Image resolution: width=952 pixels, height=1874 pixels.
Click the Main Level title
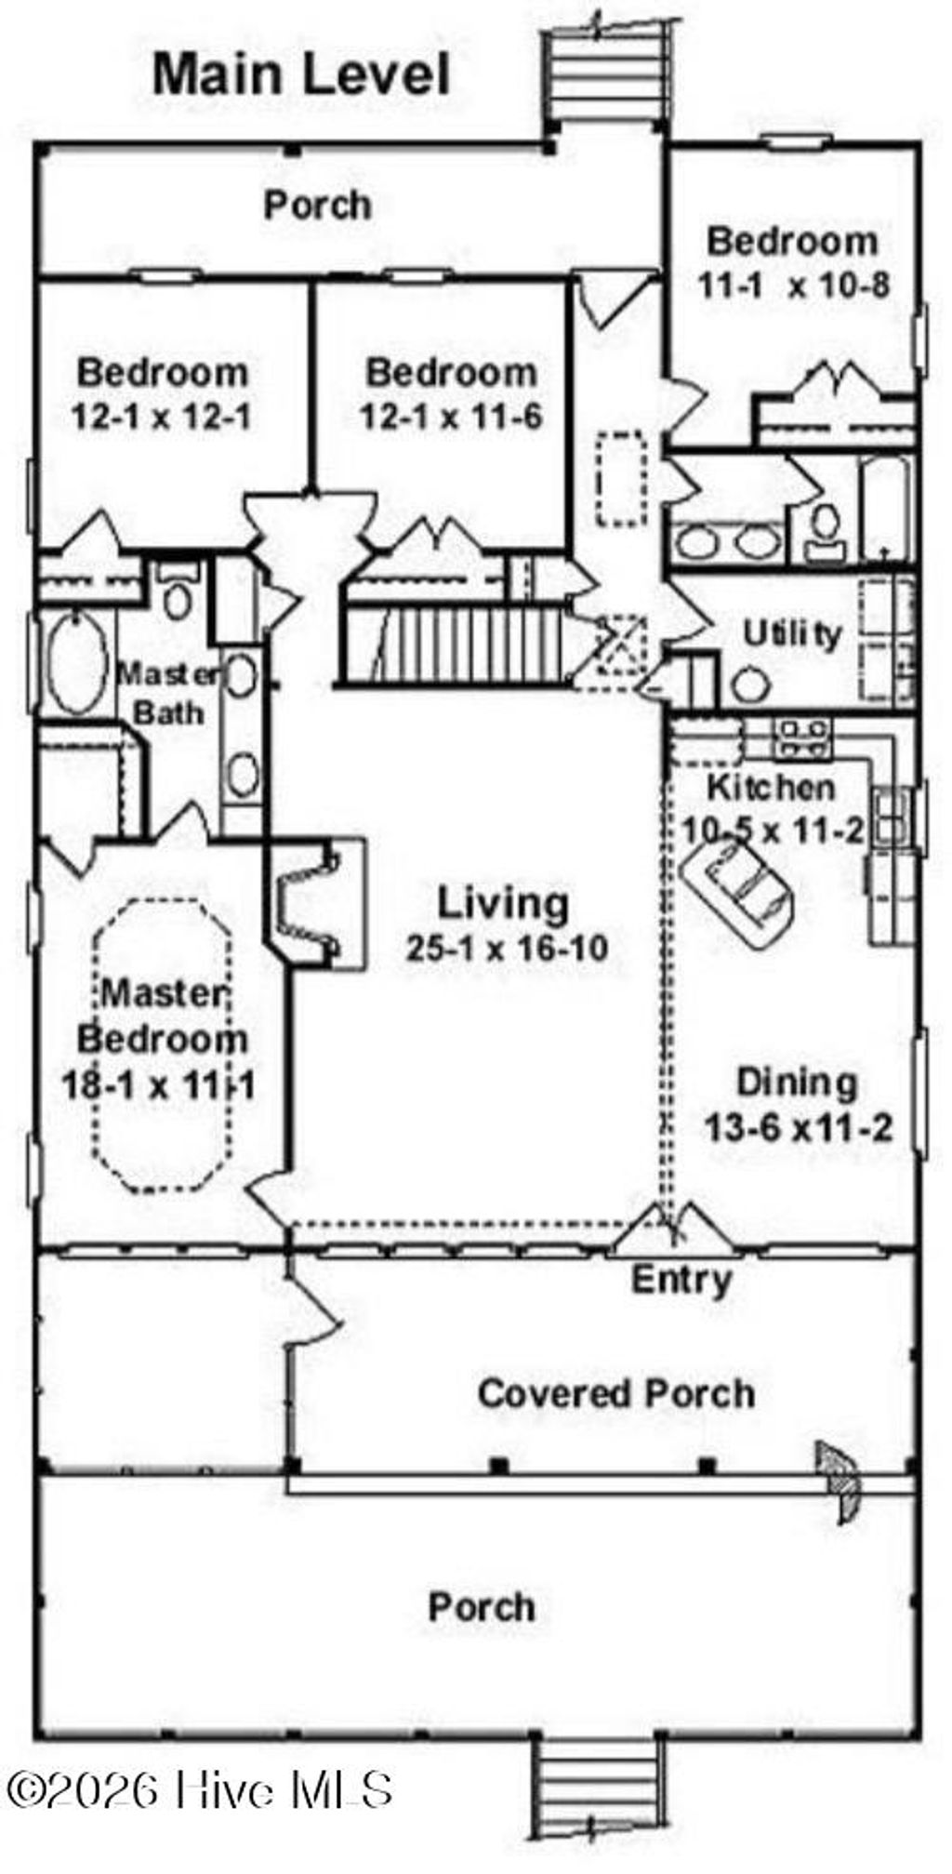pyautogui.click(x=301, y=74)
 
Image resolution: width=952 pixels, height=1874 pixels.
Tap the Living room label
pyautogui.click(x=503, y=903)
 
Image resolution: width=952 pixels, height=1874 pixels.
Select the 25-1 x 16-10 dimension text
pyautogui.click(x=507, y=948)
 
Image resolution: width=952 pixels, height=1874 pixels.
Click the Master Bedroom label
pyautogui.click(x=163, y=1016)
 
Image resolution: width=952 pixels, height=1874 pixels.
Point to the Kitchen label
pyautogui.click(x=771, y=787)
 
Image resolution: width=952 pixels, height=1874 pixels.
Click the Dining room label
pyautogui.click(x=797, y=1083)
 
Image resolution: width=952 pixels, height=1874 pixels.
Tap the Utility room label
pyautogui.click(x=792, y=634)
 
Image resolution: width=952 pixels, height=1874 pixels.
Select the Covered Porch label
pyautogui.click(x=615, y=1393)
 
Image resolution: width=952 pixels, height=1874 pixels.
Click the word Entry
pyautogui.click(x=681, y=1280)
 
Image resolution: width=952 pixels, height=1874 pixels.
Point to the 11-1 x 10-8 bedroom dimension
pyautogui.click(x=794, y=285)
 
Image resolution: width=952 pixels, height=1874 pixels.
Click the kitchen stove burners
pyautogui.click(x=802, y=738)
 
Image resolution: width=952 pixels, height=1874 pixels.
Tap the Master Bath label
pyautogui.click(x=168, y=693)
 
